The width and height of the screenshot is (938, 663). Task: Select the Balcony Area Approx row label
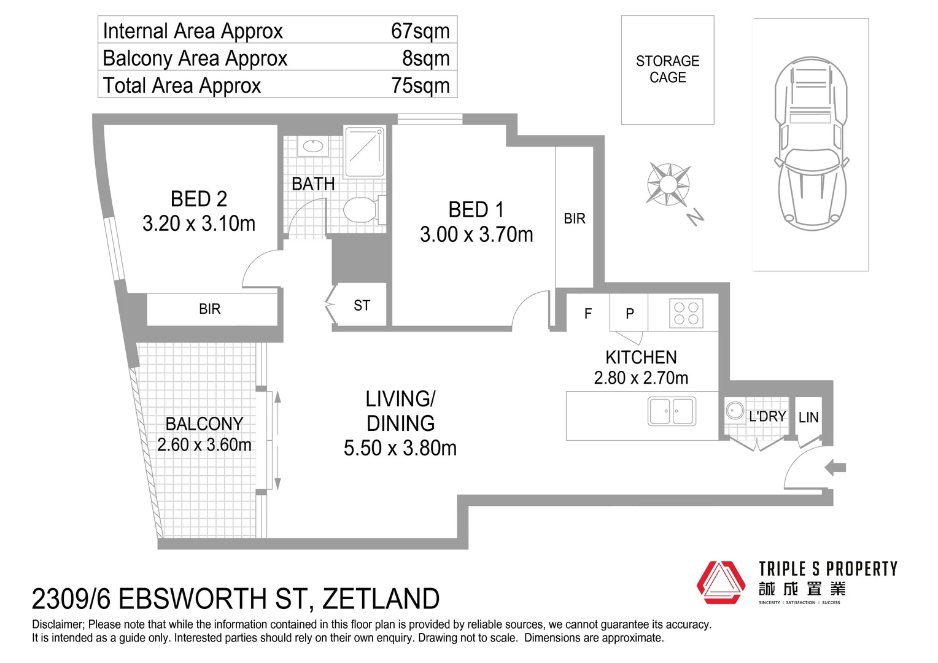(x=195, y=58)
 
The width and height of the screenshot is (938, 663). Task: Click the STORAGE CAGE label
(x=667, y=69)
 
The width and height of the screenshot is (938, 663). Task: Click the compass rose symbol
(x=668, y=184)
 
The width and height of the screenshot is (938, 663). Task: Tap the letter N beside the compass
(x=695, y=217)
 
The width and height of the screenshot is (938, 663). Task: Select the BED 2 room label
(x=199, y=199)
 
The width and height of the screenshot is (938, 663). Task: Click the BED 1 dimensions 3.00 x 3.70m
(x=476, y=235)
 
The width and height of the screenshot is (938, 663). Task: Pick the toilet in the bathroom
(x=360, y=210)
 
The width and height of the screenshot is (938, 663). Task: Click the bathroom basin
(x=313, y=146)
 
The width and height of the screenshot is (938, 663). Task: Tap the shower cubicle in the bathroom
(x=365, y=152)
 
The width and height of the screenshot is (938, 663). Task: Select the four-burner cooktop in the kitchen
(x=686, y=313)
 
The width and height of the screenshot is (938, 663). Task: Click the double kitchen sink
(x=672, y=411)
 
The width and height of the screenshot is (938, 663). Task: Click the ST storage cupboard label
(x=362, y=306)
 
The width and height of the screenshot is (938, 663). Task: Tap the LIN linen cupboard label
(x=808, y=418)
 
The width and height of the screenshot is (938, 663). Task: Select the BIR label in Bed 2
(x=209, y=309)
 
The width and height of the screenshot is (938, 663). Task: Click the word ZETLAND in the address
(x=381, y=599)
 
